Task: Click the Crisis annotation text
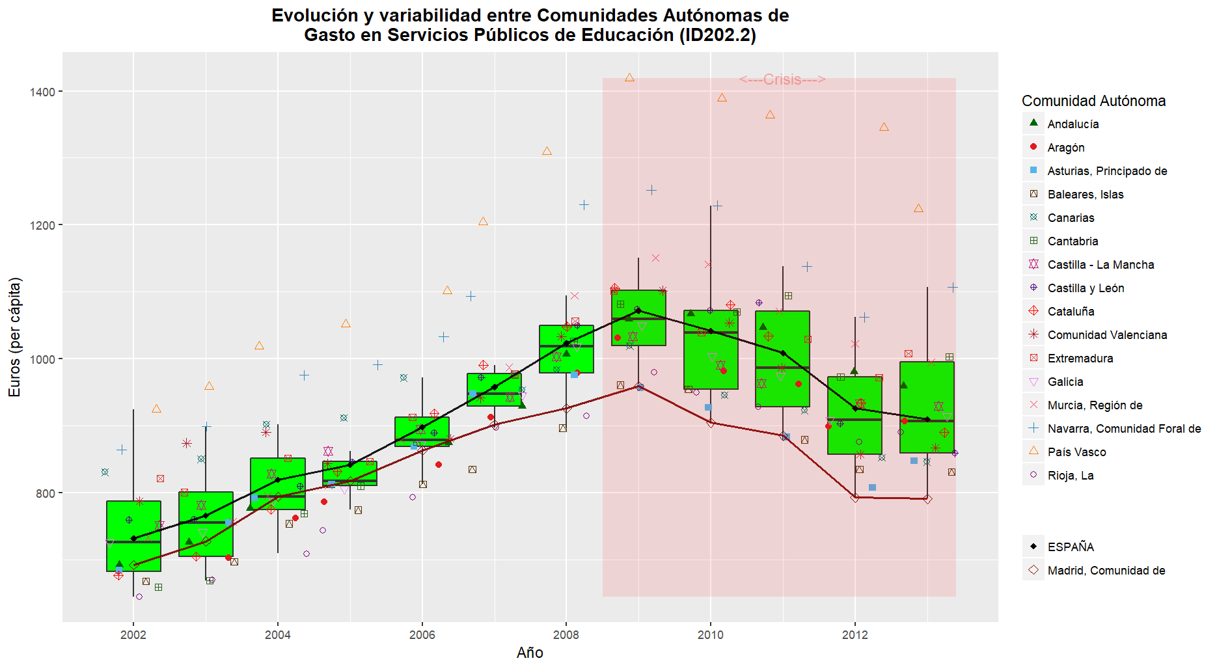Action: point(782,79)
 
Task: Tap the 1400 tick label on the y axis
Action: point(42,92)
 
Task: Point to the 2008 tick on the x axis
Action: point(566,635)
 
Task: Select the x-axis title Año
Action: point(530,653)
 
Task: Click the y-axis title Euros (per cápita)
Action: point(14,337)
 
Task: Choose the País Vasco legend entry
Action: point(1076,452)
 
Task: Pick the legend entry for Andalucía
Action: point(1073,124)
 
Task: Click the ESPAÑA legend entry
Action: point(1071,547)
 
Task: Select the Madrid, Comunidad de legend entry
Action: point(1106,571)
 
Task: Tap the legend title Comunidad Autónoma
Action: point(1093,101)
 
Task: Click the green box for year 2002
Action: point(133,536)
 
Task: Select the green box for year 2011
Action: point(783,359)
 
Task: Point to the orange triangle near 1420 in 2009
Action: point(629,78)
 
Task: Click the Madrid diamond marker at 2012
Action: point(855,498)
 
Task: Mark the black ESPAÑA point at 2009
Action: point(638,310)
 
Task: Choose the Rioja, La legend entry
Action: point(1070,476)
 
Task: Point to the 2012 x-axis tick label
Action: point(855,635)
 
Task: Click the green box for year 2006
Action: point(422,431)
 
